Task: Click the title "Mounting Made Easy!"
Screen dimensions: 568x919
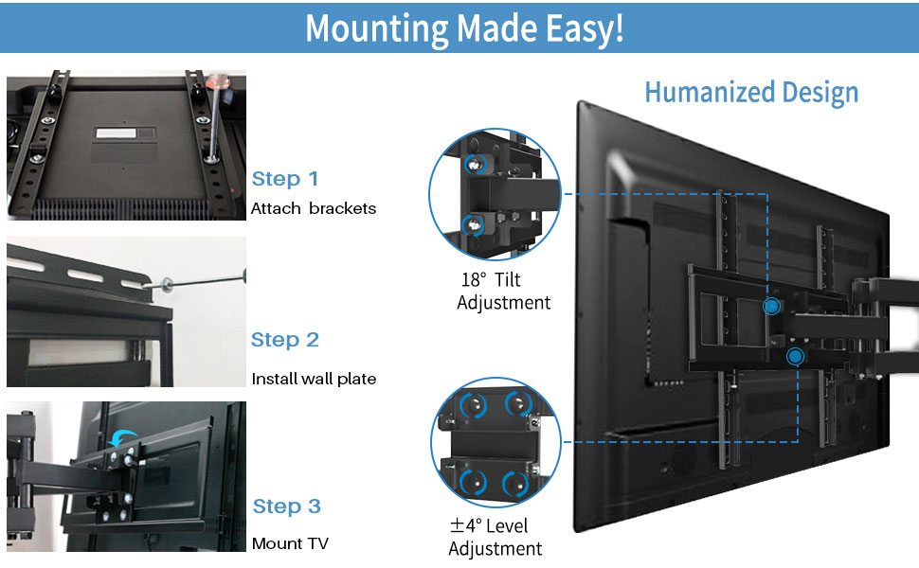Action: pyautogui.click(x=464, y=27)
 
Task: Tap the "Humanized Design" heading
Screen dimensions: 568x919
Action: pyautogui.click(x=751, y=92)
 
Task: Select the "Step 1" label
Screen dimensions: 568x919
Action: pyautogui.click(x=285, y=179)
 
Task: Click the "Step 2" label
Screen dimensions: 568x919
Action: pyautogui.click(x=285, y=340)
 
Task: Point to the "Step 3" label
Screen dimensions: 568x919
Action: pyautogui.click(x=287, y=506)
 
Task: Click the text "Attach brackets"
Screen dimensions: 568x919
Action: pyautogui.click(x=313, y=208)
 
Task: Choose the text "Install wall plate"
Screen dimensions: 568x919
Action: pyautogui.click(x=314, y=379)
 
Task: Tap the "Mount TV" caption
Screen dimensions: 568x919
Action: pyautogui.click(x=290, y=544)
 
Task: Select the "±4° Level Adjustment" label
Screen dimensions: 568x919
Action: pyautogui.click(x=495, y=537)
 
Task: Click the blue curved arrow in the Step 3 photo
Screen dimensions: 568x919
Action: pyautogui.click(x=122, y=437)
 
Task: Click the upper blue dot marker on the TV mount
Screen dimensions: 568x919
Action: pyautogui.click(x=772, y=306)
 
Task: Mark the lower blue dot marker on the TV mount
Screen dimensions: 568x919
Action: pyautogui.click(x=794, y=356)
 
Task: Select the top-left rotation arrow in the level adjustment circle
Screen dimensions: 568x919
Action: pyautogui.click(x=467, y=405)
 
